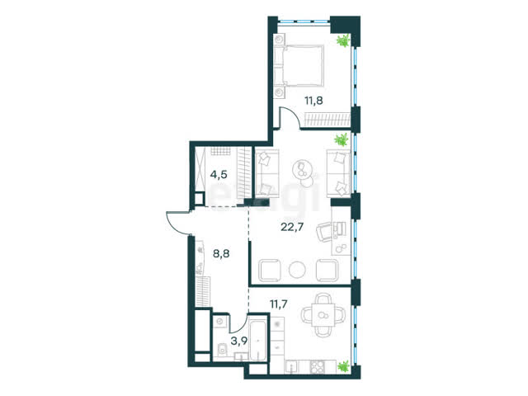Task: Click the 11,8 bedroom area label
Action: pos(313,101)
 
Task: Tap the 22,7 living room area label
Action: pos(292,227)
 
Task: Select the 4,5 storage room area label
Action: pos(219,175)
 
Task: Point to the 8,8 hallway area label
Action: pos(221,253)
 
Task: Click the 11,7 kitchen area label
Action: pos(279,304)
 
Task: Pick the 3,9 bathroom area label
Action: pos(238,341)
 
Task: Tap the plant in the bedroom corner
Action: pos(343,40)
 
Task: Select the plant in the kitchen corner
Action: pos(343,366)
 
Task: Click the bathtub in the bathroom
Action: pos(257,337)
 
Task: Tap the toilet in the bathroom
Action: pos(222,349)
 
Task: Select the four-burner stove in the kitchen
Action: pos(317,366)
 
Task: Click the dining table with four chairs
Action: pos(323,315)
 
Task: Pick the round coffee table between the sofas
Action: pos(301,168)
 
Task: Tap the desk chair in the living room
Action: pos(324,231)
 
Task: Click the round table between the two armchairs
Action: pos(297,270)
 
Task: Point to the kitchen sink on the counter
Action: pos(290,366)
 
